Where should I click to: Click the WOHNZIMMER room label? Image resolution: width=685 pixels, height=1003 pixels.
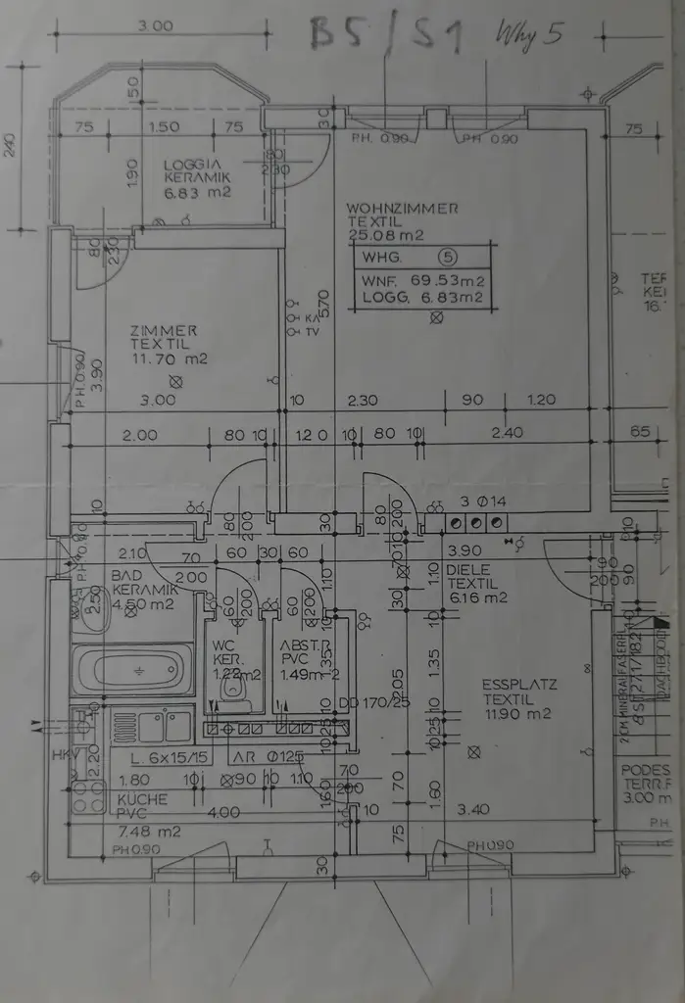click(x=402, y=209)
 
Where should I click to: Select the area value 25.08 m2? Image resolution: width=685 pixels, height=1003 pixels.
click(x=384, y=235)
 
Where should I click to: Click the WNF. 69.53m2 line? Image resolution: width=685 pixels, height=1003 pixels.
click(x=423, y=280)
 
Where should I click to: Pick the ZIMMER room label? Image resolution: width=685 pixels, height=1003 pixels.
click(x=163, y=331)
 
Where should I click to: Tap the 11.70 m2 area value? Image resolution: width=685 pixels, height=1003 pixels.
click(x=170, y=359)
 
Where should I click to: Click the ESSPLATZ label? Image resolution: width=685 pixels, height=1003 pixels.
click(x=519, y=685)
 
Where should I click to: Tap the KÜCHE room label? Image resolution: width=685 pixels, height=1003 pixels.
click(x=142, y=799)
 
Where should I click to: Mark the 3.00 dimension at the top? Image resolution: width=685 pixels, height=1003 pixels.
click(x=155, y=26)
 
